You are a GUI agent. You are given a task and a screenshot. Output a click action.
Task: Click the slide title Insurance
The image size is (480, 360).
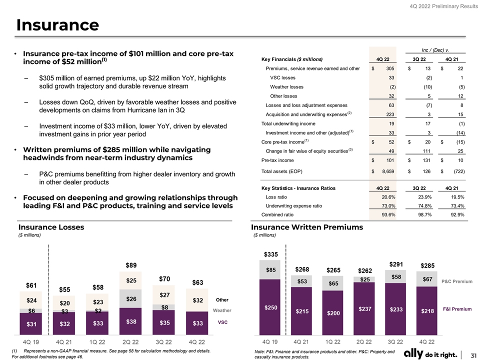[57, 24]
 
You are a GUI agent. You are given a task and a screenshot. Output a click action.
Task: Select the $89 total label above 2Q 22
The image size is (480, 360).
[131, 264]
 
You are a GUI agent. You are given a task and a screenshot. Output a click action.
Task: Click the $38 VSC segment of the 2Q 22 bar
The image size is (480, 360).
[131, 322]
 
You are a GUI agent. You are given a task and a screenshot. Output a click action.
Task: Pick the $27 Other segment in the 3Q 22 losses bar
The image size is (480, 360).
[164, 294]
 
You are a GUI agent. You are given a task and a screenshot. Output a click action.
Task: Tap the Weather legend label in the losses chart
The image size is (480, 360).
[222, 310]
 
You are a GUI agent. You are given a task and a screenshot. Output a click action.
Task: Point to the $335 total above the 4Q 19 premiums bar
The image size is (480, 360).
[270, 254]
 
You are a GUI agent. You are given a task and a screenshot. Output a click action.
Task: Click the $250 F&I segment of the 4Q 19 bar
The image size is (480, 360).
[271, 307]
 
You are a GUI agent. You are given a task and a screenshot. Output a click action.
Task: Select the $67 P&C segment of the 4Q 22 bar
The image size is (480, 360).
[427, 279]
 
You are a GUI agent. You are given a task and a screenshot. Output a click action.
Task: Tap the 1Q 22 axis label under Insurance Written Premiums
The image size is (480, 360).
[333, 342]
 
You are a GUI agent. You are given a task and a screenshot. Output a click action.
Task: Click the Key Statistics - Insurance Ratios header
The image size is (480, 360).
[298, 188]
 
